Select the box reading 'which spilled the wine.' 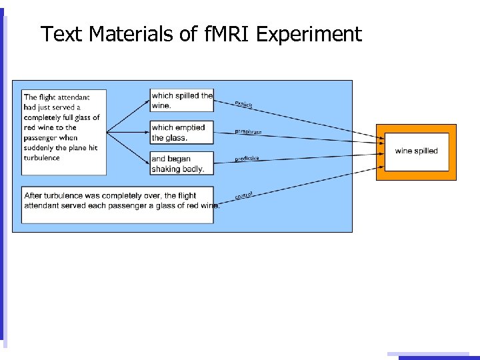182,100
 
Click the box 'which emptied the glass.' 182,133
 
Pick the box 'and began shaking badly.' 182,164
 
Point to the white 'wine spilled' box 416,151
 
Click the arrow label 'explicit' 243,105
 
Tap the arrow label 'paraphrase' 248,131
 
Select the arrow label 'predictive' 247,159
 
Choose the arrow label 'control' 243,195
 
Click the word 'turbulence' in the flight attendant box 42,158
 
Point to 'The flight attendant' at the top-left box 57,97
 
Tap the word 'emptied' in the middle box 191,127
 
